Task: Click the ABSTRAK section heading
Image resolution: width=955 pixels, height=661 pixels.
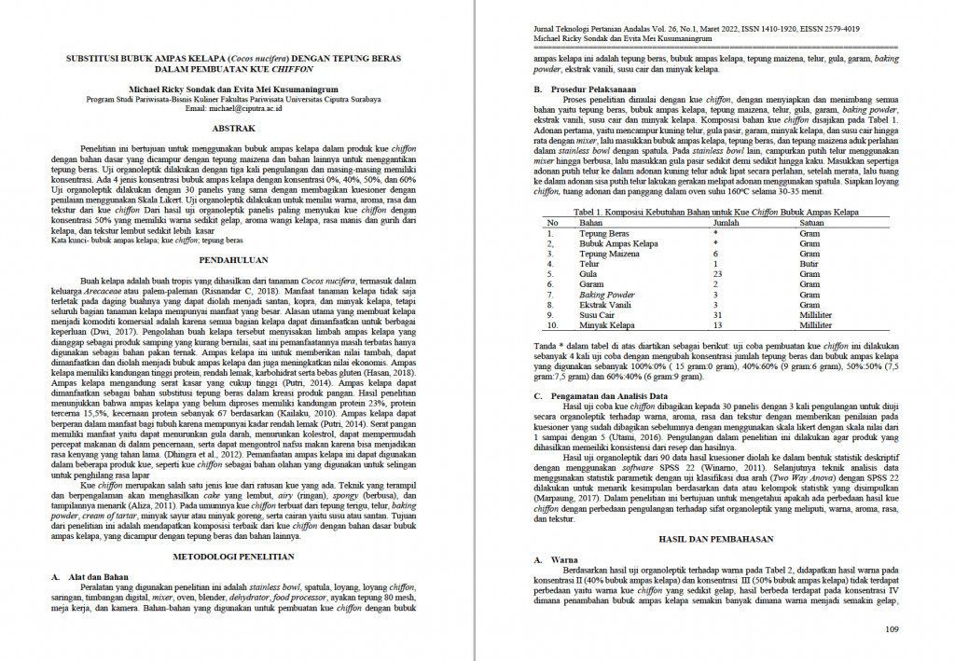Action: pyautogui.click(x=234, y=127)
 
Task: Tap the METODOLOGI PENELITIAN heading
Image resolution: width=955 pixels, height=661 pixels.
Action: pyautogui.click(x=234, y=557)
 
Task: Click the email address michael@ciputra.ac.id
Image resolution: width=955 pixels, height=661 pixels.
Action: pyautogui.click(x=234, y=108)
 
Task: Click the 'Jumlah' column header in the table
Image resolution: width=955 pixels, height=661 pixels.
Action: pyautogui.click(x=727, y=223)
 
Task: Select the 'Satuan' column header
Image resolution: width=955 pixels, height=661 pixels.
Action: pyautogui.click(x=810, y=223)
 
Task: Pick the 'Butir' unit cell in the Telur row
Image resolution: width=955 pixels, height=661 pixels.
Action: pyautogui.click(x=809, y=264)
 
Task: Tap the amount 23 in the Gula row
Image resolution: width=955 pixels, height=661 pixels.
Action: pyautogui.click(x=717, y=274)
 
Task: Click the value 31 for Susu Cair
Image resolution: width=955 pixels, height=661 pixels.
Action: pyautogui.click(x=717, y=315)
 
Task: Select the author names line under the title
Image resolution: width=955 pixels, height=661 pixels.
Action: pyautogui.click(x=234, y=90)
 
